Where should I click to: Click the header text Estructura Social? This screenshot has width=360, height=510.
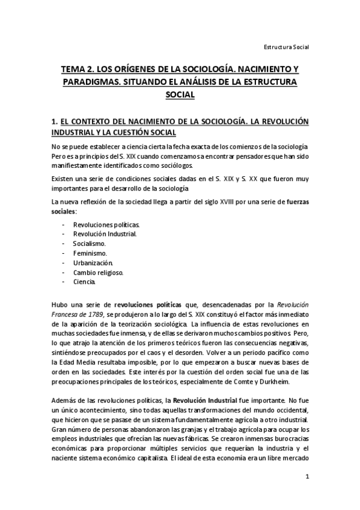tap(287, 46)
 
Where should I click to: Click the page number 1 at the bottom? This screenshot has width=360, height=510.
tap(307, 477)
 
